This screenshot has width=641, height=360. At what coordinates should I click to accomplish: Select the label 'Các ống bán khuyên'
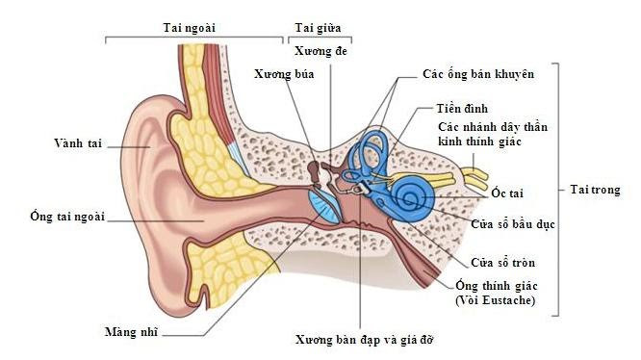click(x=478, y=72)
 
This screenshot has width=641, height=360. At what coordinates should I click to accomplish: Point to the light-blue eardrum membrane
click(x=322, y=204)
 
